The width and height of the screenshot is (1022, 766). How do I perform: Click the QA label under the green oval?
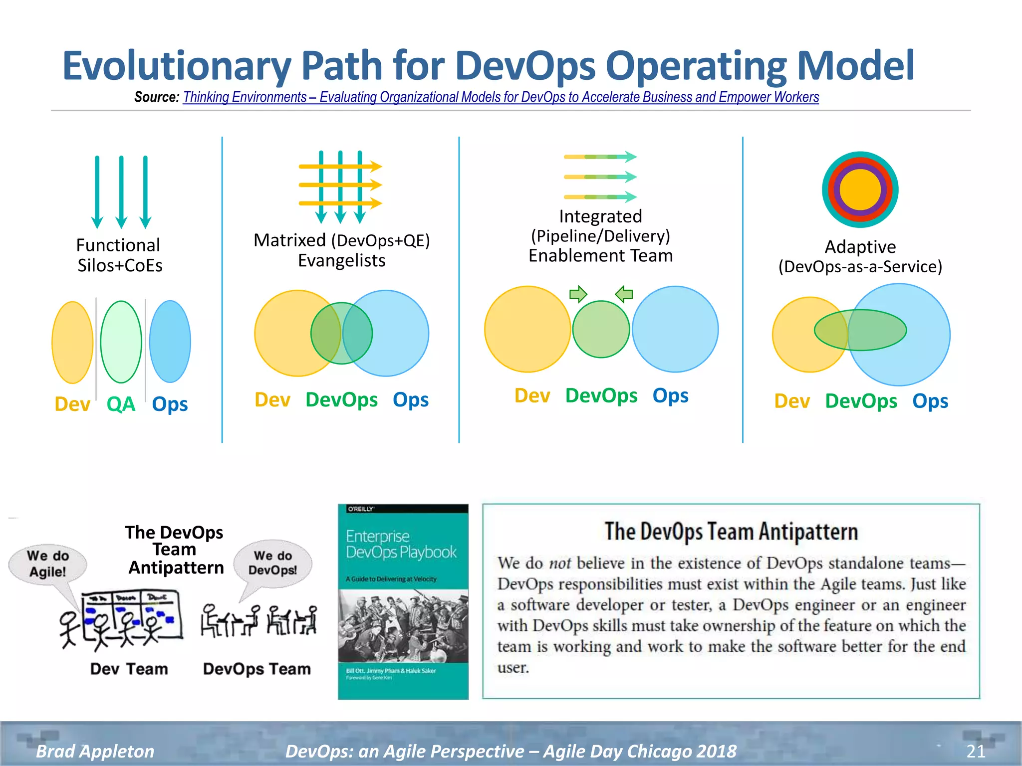click(121, 404)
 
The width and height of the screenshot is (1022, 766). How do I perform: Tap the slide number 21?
click(976, 751)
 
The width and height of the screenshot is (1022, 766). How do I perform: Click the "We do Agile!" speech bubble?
click(48, 564)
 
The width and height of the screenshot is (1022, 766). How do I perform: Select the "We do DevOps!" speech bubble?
click(273, 563)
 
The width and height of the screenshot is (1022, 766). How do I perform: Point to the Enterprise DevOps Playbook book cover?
click(403, 601)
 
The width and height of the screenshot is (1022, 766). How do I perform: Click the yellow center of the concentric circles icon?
click(860, 190)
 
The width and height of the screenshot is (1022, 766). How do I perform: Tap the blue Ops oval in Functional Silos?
click(170, 342)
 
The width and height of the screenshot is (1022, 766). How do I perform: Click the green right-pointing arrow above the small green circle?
click(578, 294)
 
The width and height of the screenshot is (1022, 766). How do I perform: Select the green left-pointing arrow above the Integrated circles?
click(624, 294)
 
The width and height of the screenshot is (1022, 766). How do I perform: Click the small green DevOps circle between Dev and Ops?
click(601, 329)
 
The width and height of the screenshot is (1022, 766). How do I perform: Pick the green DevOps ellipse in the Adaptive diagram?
click(860, 330)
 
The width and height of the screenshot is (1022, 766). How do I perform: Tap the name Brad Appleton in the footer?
click(95, 751)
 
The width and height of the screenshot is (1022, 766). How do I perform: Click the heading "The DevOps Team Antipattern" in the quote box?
click(731, 532)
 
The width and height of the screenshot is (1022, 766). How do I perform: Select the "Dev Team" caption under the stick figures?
click(129, 669)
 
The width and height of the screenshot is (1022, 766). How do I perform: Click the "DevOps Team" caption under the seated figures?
click(256, 669)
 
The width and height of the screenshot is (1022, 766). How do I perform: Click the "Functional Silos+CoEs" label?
click(119, 255)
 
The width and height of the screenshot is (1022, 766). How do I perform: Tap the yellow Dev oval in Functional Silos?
click(72, 343)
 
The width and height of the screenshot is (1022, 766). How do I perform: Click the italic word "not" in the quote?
click(560, 563)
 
